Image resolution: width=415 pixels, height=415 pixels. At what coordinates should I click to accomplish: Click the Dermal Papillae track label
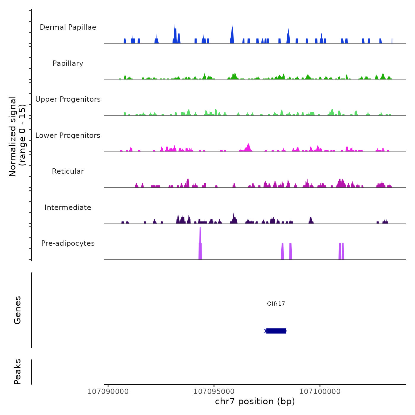pos(68,27)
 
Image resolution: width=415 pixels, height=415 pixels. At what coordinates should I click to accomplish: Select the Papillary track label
pos(68,63)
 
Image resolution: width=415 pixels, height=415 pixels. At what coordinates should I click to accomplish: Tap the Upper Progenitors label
pos(68,99)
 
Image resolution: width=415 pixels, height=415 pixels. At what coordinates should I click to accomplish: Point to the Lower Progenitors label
pos(68,135)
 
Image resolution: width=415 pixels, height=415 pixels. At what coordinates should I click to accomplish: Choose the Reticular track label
pos(68,171)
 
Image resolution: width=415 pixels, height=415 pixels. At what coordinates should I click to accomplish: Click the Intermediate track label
pos(68,207)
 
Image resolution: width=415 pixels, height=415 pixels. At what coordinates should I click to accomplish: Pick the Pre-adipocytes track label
pos(68,243)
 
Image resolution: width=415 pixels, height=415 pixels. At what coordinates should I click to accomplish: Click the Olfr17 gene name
pos(276,304)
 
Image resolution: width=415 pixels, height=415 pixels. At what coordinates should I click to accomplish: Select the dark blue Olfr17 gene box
pos(276,331)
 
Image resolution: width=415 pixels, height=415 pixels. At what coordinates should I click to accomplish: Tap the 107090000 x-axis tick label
pos(108,392)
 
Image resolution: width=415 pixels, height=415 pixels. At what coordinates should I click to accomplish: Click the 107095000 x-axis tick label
pos(214,392)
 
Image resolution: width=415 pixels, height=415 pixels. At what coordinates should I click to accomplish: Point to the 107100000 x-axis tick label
pos(320,392)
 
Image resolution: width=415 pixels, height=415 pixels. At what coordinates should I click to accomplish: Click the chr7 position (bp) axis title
pos(255,401)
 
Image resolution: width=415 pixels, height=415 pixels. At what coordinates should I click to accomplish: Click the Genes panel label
pos(17,310)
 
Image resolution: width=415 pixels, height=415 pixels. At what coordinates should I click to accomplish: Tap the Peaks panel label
pos(17,372)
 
